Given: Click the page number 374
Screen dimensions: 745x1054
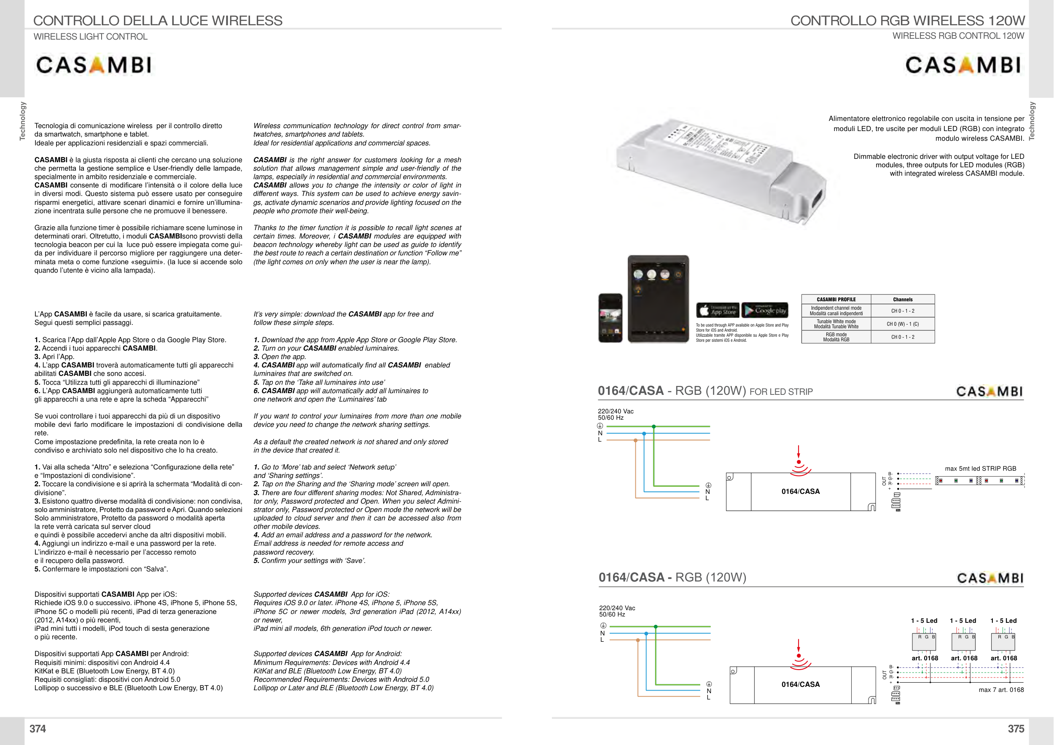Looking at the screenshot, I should point(38,729).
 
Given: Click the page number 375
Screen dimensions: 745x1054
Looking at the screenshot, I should point(1016,729).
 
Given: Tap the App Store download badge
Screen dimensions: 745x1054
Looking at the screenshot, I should point(718,311).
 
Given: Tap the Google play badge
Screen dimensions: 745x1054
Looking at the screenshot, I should point(765,311).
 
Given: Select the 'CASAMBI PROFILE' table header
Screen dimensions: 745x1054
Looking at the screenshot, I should point(836,300).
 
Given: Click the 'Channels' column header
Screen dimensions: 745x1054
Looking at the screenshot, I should point(903,300).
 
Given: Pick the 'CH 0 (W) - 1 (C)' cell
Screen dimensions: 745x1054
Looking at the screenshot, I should point(903,324).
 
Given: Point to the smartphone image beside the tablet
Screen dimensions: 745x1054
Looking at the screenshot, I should point(610,318).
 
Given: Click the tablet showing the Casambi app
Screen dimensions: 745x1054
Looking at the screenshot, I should point(658,299).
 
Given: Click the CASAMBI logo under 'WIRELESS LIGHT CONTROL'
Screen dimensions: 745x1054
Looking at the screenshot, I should point(94,66).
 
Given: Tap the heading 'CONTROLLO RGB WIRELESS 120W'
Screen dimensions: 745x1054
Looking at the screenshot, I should point(907,21).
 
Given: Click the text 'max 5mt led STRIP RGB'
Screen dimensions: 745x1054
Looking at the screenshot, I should point(980,469).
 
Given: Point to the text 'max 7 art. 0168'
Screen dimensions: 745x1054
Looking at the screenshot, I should point(1001,689).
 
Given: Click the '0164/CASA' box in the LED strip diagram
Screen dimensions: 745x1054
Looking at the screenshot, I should point(801,491).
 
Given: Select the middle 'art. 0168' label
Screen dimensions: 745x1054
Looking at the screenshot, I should point(964,658).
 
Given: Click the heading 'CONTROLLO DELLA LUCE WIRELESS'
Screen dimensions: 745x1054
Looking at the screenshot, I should point(158,21).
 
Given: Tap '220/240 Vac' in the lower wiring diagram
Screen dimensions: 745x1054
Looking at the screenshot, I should point(617,608).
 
